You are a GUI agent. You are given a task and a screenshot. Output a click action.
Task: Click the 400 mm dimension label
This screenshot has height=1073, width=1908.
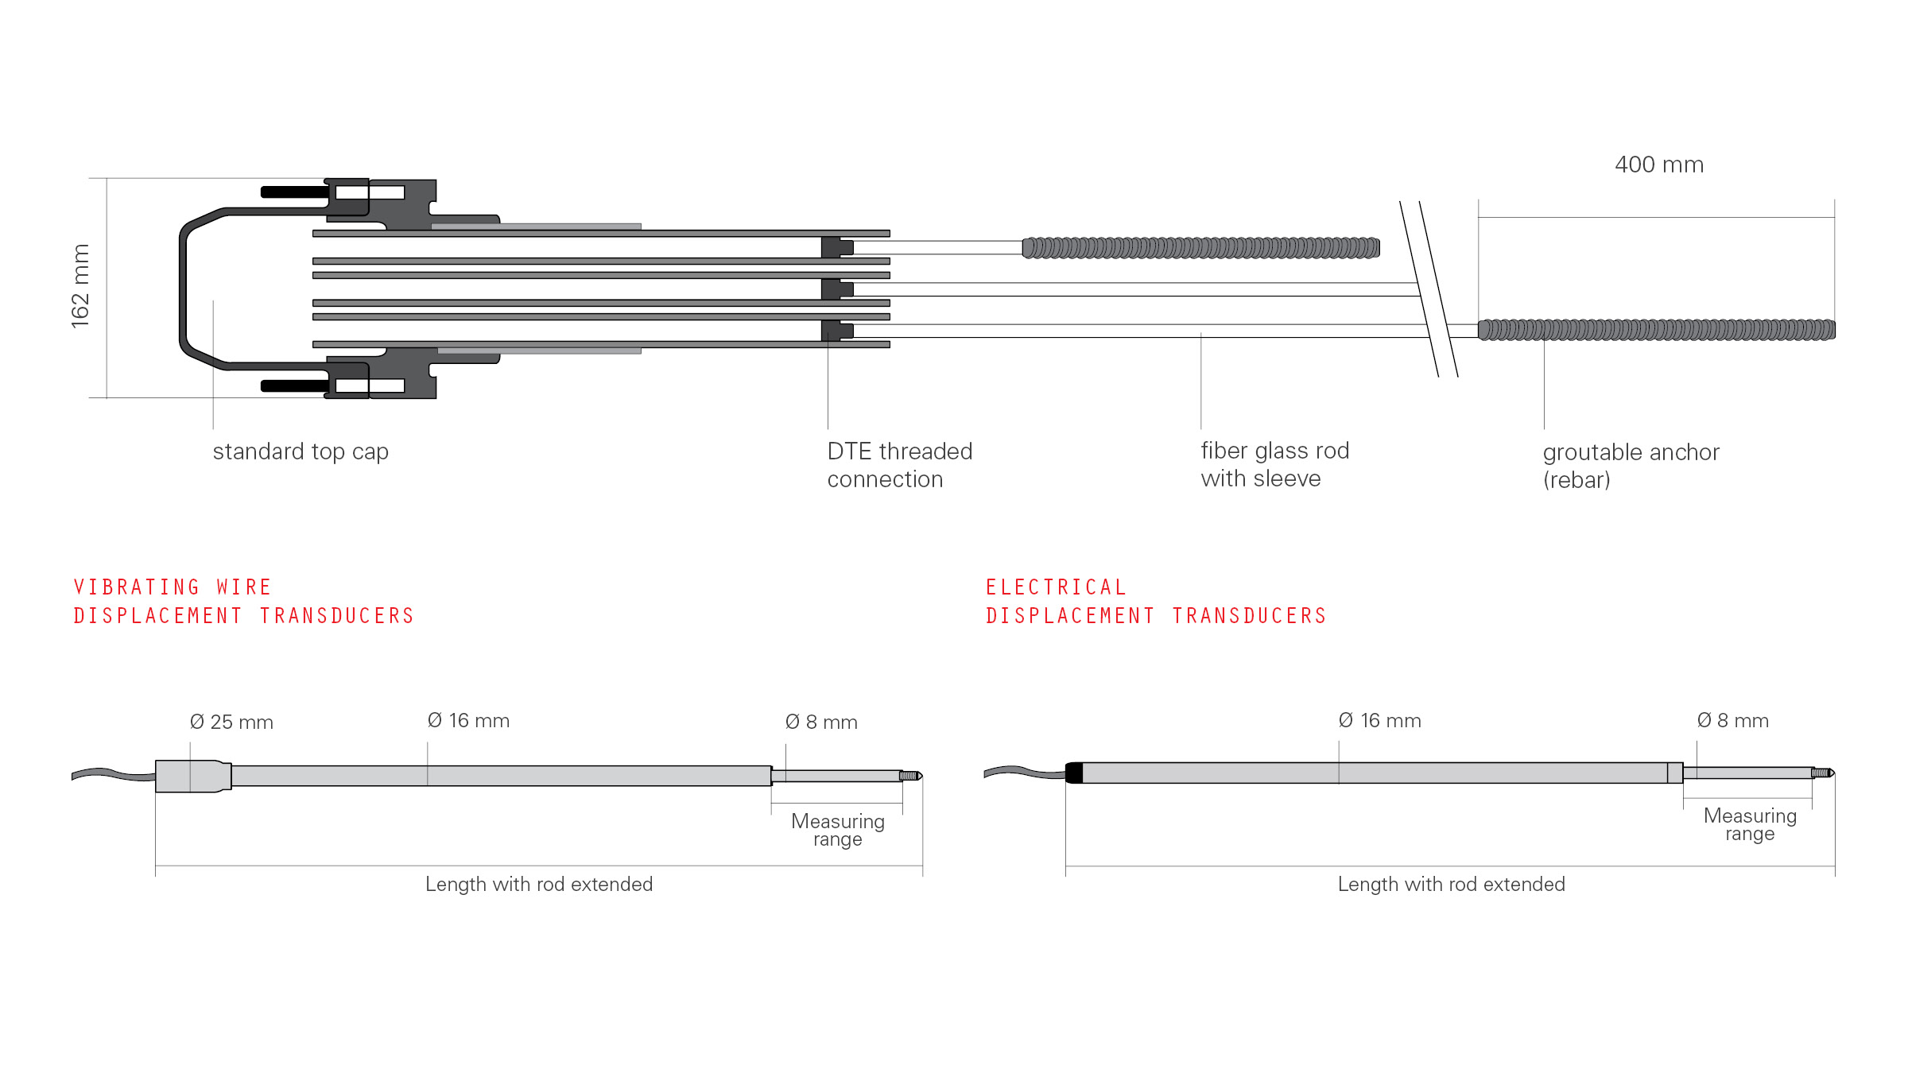[1659, 165]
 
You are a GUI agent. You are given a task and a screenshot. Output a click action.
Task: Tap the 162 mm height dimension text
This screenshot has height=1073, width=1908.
[80, 286]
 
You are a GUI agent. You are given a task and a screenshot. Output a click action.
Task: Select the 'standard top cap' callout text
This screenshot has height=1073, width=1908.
[301, 451]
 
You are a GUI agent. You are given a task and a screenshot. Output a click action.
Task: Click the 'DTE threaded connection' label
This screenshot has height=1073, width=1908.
[899, 465]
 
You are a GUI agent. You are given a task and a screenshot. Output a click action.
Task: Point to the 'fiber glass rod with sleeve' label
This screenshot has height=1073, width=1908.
[1274, 464]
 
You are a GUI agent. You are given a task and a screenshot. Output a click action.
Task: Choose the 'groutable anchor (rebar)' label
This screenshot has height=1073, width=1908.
[1631, 466]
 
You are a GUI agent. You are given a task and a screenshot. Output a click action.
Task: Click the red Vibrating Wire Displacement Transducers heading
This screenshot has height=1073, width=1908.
[243, 601]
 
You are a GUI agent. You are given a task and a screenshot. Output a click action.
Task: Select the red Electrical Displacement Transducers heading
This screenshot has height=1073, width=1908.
[1156, 601]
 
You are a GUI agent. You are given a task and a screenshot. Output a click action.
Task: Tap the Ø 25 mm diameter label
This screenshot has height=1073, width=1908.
[231, 722]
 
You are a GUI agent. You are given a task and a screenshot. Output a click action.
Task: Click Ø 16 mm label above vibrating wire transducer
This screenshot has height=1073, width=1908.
[468, 720]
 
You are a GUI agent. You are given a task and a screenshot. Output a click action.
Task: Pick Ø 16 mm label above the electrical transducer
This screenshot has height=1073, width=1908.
[1379, 720]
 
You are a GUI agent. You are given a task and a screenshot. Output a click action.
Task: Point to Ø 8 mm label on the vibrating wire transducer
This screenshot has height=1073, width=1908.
[821, 722]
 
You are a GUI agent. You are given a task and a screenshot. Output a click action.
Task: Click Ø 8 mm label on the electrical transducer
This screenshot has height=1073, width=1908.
[1732, 720]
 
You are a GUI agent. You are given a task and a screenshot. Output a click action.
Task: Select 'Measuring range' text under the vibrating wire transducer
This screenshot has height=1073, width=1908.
[838, 830]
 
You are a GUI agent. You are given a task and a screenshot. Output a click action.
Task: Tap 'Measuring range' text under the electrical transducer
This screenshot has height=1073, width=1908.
[1750, 824]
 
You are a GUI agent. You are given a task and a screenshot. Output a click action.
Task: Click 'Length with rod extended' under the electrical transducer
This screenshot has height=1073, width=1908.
[1451, 884]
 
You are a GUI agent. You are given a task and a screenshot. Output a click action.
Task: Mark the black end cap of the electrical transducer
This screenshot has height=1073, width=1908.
[1074, 773]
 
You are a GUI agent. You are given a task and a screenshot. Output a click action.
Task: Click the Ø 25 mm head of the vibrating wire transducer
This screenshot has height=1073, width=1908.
[193, 776]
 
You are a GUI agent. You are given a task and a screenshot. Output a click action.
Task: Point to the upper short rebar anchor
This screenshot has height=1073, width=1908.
[1200, 248]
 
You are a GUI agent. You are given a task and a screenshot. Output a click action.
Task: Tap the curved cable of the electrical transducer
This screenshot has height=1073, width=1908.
[1025, 772]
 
